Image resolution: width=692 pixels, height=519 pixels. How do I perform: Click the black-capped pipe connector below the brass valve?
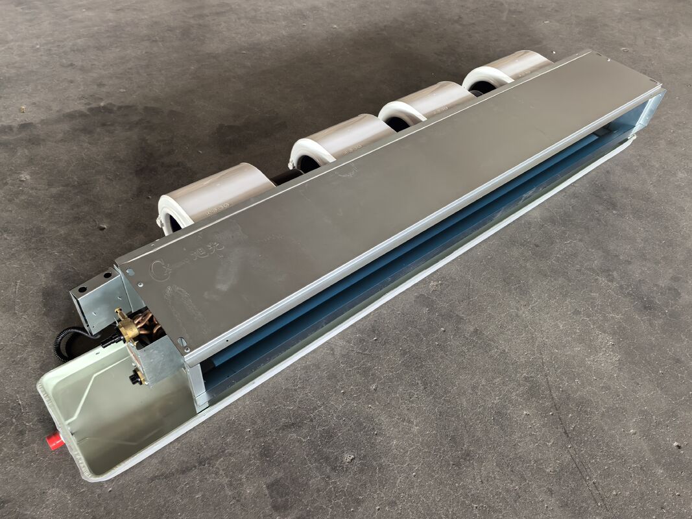pyautogui.click(x=136, y=378)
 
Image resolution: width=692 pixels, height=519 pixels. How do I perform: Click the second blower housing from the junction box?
pyautogui.click(x=340, y=139)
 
